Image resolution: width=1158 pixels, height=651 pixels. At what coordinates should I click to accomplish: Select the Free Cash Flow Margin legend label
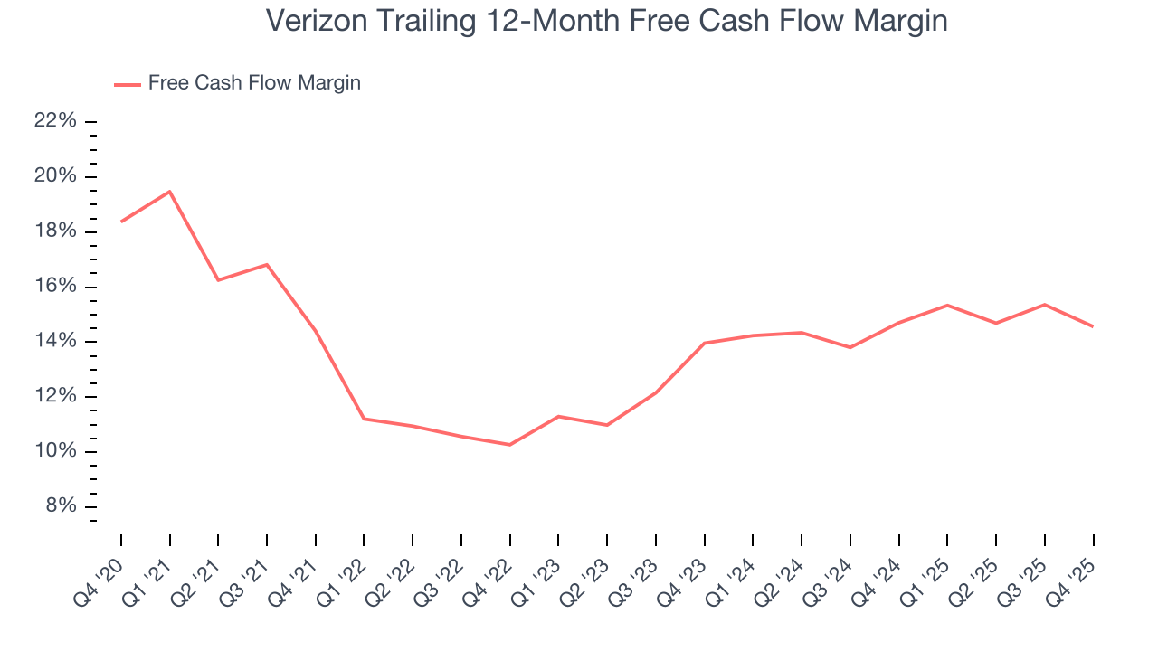coord(254,83)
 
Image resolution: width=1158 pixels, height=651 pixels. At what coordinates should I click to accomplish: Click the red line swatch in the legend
coord(128,84)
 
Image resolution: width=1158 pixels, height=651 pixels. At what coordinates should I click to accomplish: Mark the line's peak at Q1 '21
coord(169,192)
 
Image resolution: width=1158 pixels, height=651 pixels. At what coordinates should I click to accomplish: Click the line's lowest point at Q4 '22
coord(510,445)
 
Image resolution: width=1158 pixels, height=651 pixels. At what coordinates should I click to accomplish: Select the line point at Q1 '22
coord(364,419)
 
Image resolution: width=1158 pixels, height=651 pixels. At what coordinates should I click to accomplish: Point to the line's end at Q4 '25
coord(1093,326)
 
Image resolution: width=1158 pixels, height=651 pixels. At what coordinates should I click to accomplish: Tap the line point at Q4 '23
coord(704,344)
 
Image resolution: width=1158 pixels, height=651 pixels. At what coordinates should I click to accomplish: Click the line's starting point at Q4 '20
coord(121,222)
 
